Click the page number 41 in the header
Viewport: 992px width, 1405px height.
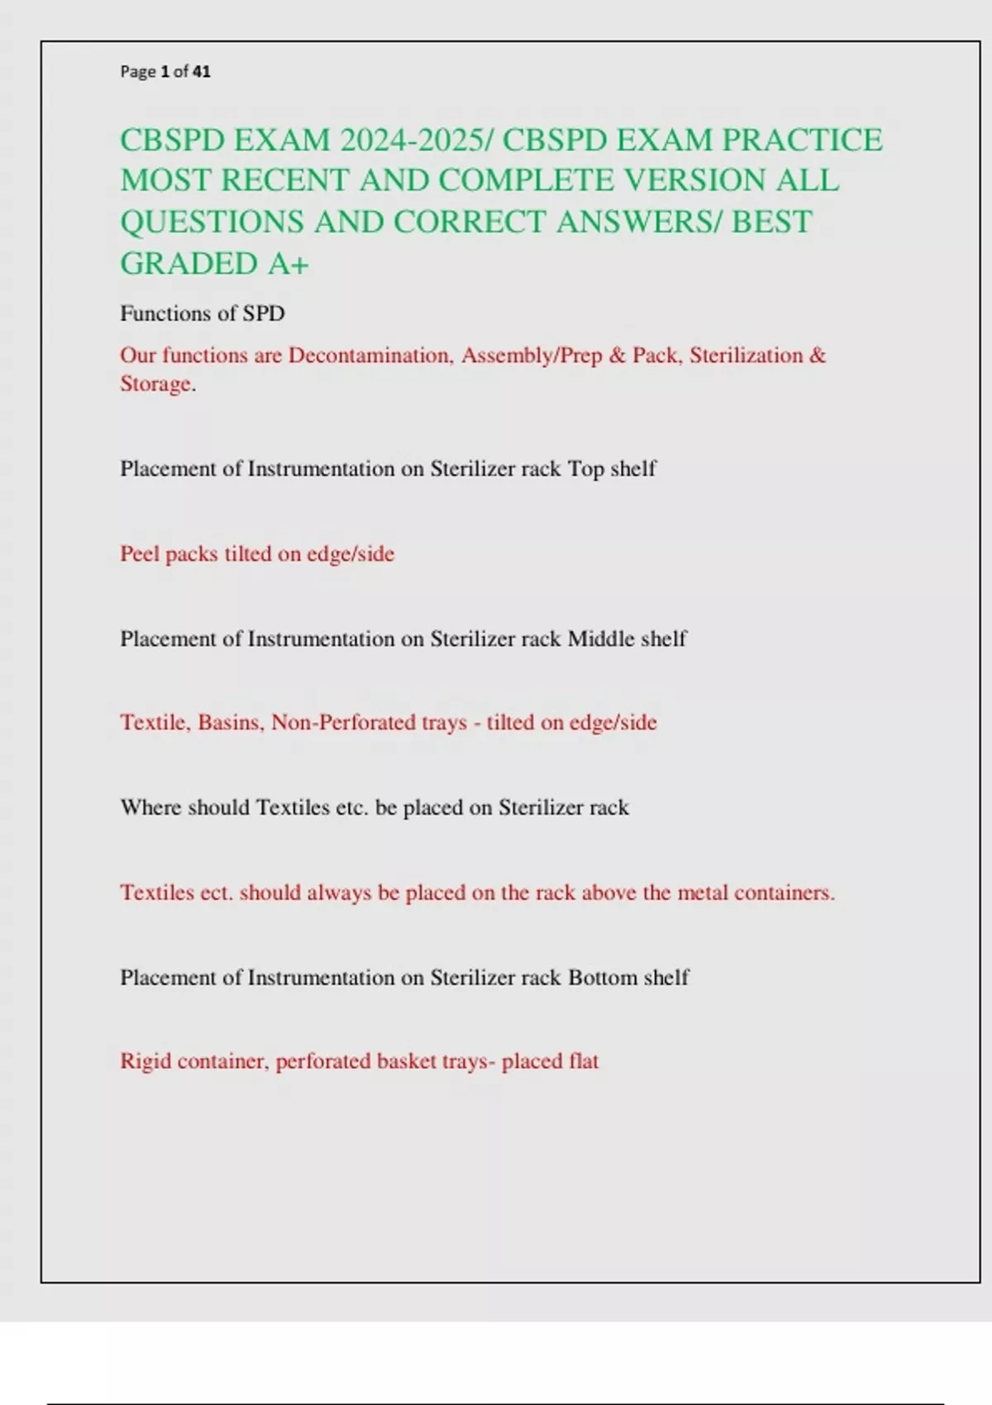202,72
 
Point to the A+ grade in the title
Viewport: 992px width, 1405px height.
288,264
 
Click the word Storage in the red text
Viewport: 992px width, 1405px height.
156,384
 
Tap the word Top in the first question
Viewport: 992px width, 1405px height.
585,469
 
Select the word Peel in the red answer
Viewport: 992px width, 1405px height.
139,554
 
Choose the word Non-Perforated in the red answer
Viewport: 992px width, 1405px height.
344,723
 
